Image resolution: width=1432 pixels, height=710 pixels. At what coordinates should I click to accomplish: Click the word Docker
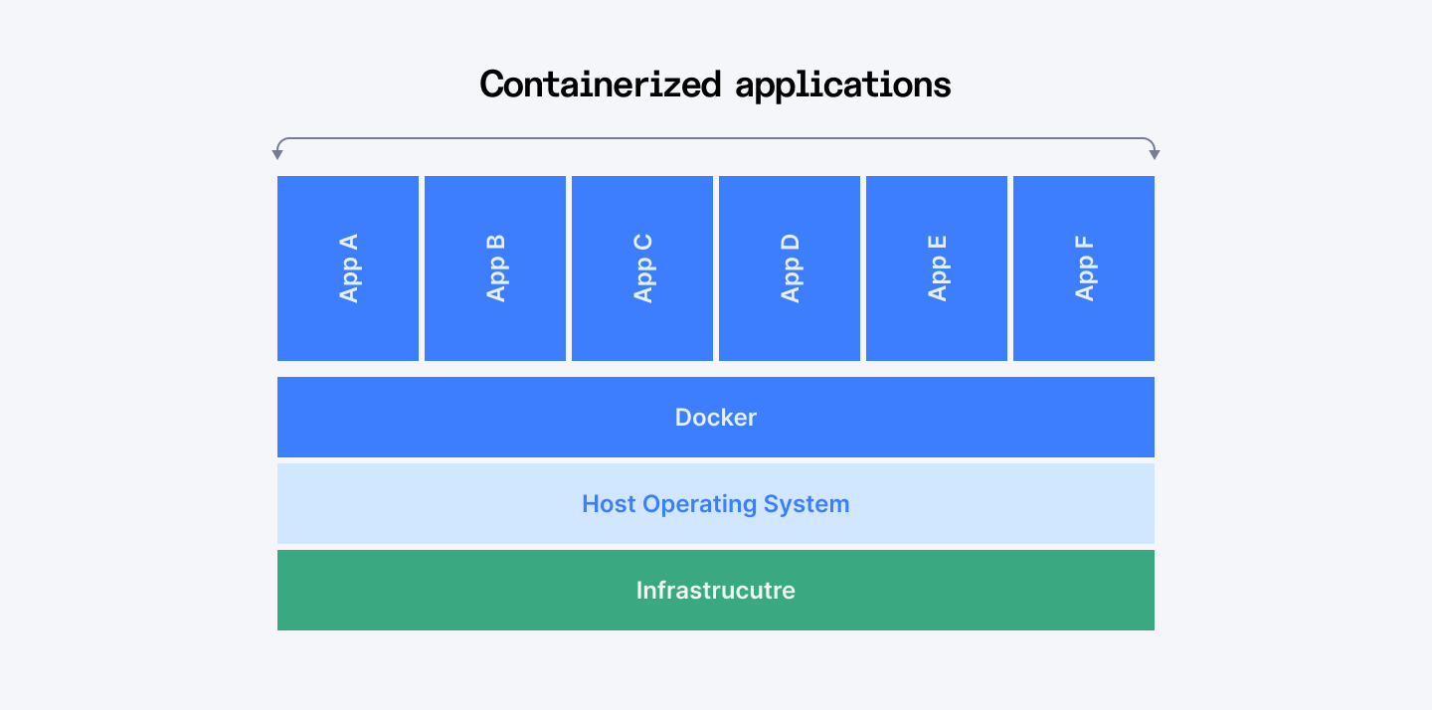[x=716, y=418]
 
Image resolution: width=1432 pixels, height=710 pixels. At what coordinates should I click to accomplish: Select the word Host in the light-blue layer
[x=609, y=504]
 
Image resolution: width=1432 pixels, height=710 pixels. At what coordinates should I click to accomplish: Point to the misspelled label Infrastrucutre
[x=716, y=591]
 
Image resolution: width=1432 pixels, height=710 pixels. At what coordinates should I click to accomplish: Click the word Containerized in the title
[x=600, y=85]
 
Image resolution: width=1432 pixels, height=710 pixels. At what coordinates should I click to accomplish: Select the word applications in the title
[x=843, y=86]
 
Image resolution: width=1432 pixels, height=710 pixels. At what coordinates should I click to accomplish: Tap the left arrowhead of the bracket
[x=277, y=154]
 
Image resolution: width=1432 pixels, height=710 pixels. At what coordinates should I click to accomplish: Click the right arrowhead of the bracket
[x=1155, y=154]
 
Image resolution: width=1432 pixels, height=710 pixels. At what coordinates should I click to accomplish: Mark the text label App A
[x=349, y=268]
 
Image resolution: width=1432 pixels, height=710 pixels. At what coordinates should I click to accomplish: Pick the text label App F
[x=1085, y=268]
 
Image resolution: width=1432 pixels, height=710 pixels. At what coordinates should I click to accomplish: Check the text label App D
[x=791, y=268]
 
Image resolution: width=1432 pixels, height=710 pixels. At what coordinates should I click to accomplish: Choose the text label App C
[x=643, y=268]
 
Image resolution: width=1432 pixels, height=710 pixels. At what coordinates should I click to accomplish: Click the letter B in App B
[x=496, y=243]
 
